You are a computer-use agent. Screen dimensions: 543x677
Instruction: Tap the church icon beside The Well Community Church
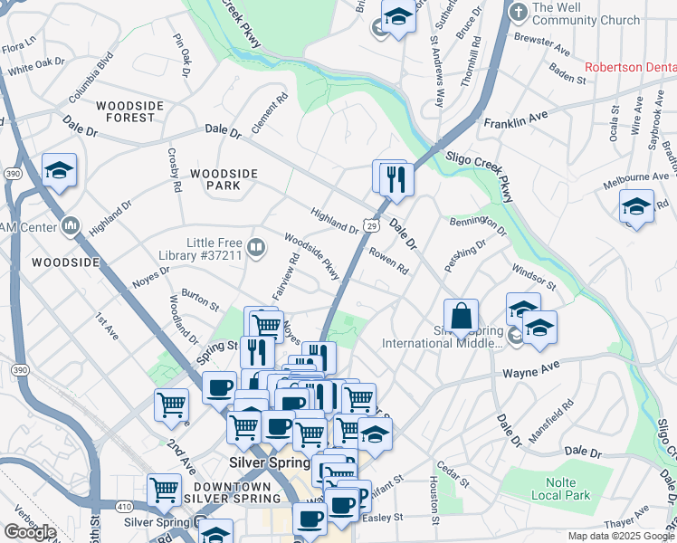coord(518,13)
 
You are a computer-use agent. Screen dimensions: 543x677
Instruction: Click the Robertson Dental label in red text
coord(630,67)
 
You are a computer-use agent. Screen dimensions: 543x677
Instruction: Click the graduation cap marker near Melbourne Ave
coord(636,206)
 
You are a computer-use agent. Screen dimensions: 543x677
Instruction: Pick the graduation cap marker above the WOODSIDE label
coord(59,170)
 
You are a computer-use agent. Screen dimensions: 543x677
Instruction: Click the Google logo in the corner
coord(30,532)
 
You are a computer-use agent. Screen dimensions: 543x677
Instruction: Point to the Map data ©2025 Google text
coord(621,536)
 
